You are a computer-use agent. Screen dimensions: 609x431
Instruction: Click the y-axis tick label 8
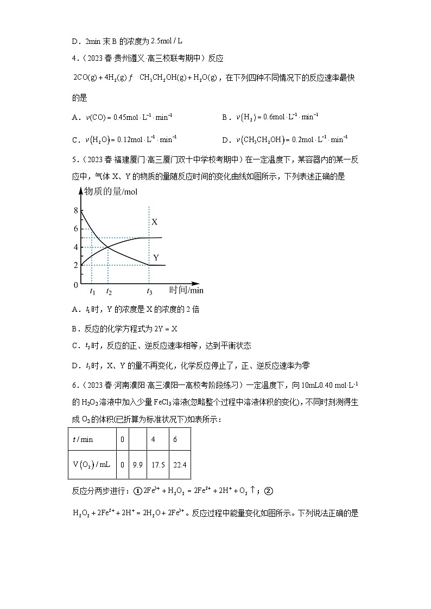(75, 210)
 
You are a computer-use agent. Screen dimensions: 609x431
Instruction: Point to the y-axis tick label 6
(75, 229)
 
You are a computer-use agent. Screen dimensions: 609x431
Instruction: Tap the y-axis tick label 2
(75, 265)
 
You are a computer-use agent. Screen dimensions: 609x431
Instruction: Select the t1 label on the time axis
(92, 292)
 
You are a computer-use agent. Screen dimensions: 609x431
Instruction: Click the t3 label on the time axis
(149, 292)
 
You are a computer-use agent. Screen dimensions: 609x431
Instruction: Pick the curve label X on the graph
(155, 222)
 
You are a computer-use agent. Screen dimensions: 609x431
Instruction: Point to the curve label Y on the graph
(156, 258)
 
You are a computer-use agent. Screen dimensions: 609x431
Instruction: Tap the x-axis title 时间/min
(186, 290)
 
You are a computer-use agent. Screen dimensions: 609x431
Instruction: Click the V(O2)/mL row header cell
(91, 465)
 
